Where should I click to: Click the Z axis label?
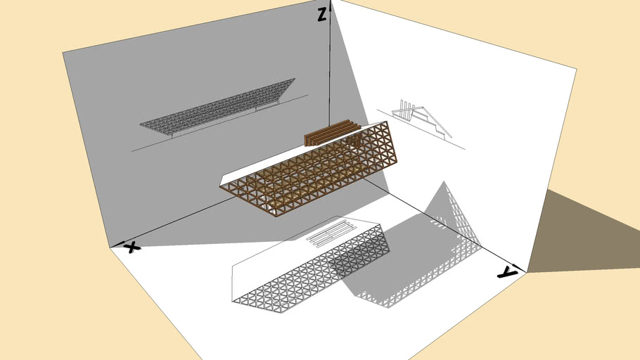[322, 15]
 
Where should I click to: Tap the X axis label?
[132, 247]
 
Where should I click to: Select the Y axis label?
[507, 272]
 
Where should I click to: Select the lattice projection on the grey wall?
[217, 106]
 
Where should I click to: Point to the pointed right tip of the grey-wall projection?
[295, 79]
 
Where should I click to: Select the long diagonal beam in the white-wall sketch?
[437, 122]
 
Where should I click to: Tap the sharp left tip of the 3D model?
[220, 186]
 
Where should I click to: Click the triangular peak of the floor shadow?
[444, 181]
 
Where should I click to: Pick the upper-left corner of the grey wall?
[63, 53]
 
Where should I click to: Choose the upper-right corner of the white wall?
[576, 69]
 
